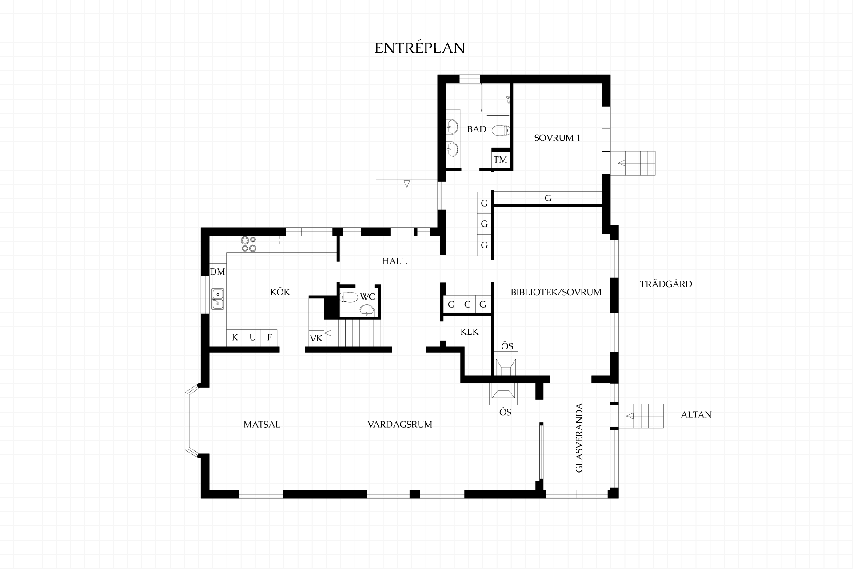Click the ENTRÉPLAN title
coord(420,48)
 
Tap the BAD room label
coord(477,129)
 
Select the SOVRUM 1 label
coord(557,138)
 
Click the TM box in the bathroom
coord(500,160)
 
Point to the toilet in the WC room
coord(349,297)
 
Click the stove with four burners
coord(248,244)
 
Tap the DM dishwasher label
coord(218,272)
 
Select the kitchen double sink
coord(218,299)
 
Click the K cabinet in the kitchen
coord(235,337)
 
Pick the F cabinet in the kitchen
coord(269,337)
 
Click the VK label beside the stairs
coord(316,338)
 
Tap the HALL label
coord(395,261)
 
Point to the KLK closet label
coord(470,332)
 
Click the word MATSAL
coord(262,425)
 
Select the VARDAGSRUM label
coord(400,425)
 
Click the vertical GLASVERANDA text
coord(579,438)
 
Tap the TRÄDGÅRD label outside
coord(666,284)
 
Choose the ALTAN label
coord(696,415)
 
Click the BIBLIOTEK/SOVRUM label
coord(556,293)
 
